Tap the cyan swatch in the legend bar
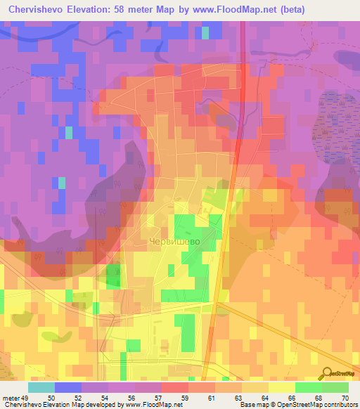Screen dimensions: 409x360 tap(41, 387)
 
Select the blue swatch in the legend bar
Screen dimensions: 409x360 tap(67, 387)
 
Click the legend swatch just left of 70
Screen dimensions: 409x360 tap(335, 387)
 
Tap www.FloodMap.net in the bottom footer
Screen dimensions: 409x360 tap(148, 405)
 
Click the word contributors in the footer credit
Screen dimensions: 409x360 tap(338, 405)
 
